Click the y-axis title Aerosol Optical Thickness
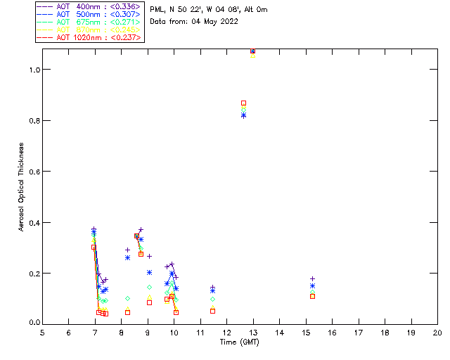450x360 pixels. pyautogui.click(x=22, y=186)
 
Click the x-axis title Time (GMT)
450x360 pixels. pyautogui.click(x=240, y=342)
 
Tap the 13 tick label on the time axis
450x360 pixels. pyautogui.click(x=253, y=332)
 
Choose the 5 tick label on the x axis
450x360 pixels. pyautogui.click(x=42, y=332)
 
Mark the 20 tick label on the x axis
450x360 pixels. pyautogui.click(x=437, y=332)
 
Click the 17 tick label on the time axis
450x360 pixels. pyautogui.click(x=359, y=332)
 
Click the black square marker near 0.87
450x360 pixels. pyautogui.click(x=244, y=103)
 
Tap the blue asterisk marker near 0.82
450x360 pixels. pyautogui.click(x=243, y=115)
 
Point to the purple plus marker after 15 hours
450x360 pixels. pyautogui.click(x=312, y=279)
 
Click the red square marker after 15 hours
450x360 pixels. pyautogui.click(x=312, y=296)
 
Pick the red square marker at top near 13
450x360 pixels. pyautogui.click(x=252, y=51)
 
